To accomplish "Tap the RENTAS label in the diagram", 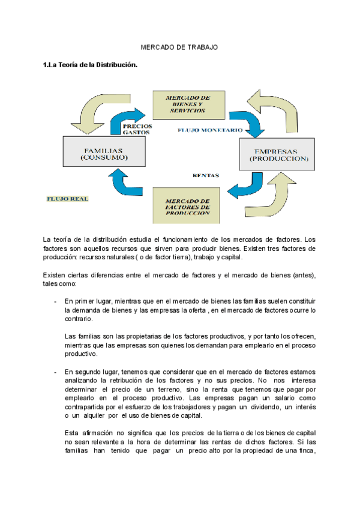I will point(205,175).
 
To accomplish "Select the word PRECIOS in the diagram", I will point(137,126).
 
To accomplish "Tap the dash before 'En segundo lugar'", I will point(55,372).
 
